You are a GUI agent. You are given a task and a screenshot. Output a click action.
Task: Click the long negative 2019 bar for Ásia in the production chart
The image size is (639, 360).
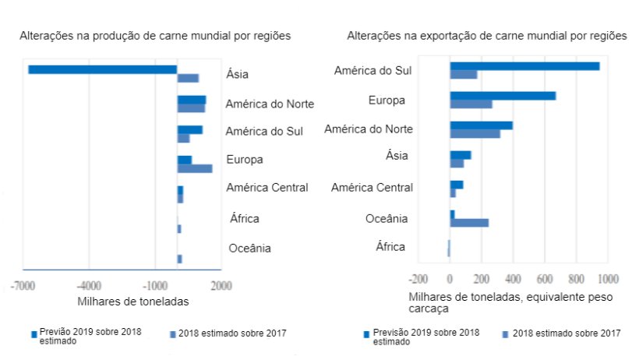pyautogui.click(x=102, y=69)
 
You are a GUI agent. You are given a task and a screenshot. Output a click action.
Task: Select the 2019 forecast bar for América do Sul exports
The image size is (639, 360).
pyautogui.click(x=524, y=66)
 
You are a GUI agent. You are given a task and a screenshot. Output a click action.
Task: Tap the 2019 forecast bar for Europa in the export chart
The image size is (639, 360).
pyautogui.click(x=503, y=96)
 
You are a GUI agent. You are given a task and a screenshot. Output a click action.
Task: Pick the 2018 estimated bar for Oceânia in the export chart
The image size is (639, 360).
pyautogui.click(x=469, y=223)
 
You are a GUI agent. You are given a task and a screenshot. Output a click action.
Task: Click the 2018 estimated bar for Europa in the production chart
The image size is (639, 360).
pyautogui.click(x=195, y=168)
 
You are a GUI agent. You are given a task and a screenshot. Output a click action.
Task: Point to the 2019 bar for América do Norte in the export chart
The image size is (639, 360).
pyautogui.click(x=481, y=125)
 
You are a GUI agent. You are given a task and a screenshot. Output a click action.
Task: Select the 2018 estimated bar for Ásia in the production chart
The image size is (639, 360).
pyautogui.click(x=188, y=78)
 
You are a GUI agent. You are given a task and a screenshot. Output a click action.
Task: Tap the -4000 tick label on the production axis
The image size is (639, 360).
pyautogui.click(x=89, y=285)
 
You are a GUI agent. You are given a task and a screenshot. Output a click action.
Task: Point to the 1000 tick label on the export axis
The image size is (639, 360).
pyautogui.click(x=608, y=278)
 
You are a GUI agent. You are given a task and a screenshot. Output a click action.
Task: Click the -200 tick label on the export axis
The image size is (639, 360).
pyautogui.click(x=419, y=278)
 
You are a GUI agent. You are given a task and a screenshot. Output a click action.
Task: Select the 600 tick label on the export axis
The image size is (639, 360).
pyautogui.click(x=545, y=278)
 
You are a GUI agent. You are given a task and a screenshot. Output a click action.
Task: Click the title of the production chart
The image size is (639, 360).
pyautogui.click(x=155, y=36)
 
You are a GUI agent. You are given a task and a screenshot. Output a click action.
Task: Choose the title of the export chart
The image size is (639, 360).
pyautogui.click(x=486, y=36)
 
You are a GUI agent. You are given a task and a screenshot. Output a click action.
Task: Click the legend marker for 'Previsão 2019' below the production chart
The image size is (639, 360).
pyautogui.click(x=34, y=334)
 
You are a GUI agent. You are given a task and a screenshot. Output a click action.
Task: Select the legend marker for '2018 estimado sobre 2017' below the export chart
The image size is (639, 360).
pyautogui.click(x=506, y=334)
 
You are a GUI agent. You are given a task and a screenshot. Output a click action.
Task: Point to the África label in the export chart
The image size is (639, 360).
pyautogui.click(x=390, y=247)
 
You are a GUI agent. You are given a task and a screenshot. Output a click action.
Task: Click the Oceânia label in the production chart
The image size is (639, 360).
pyautogui.click(x=249, y=249)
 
